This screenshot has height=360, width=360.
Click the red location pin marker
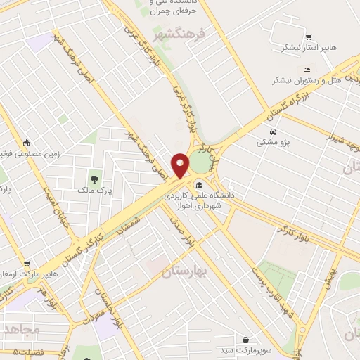181,165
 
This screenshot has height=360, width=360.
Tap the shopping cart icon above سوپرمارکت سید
245,338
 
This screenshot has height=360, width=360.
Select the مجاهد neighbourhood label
20,328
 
